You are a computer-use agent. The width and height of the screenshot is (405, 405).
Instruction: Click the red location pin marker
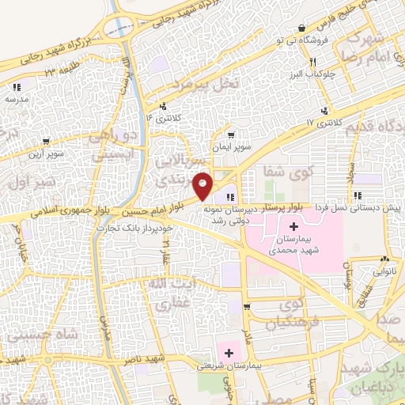(x=203, y=185)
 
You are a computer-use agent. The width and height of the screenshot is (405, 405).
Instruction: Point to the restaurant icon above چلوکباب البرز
(x=314, y=62)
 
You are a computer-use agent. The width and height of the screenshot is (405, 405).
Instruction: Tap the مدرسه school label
(x=16, y=99)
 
